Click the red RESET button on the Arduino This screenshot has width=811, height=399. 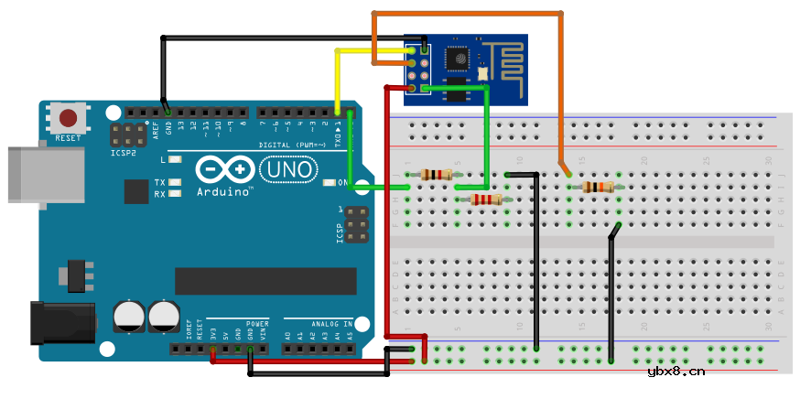[69, 118]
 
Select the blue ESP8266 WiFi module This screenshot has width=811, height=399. [466, 70]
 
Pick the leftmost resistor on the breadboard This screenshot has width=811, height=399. [438, 174]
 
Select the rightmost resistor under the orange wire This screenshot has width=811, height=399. [598, 188]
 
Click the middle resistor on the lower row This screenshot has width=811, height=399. [485, 199]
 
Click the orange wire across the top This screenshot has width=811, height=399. [467, 13]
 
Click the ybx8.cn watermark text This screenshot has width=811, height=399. [676, 371]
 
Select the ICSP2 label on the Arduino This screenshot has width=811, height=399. [124, 154]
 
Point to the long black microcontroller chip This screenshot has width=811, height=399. [265, 281]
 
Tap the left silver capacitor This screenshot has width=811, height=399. [129, 317]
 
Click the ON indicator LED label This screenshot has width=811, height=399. [343, 183]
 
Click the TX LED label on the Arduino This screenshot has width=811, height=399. [159, 182]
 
